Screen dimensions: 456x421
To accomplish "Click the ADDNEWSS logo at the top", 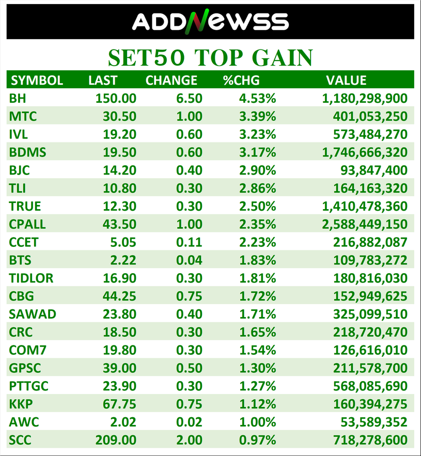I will pyautogui.click(x=210, y=21).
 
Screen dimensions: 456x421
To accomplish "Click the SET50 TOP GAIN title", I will pyautogui.click(x=210, y=57).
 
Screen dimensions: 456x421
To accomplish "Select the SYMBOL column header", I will pyautogui.click(x=37, y=81).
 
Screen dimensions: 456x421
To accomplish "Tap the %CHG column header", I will pyautogui.click(x=241, y=81).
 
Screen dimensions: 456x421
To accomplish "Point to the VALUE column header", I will pyautogui.click(x=346, y=81).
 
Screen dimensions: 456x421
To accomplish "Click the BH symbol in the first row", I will pyautogui.click(x=17, y=98).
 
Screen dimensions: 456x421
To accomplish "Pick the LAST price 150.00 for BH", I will pyautogui.click(x=116, y=98).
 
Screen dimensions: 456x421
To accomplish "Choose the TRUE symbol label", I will pyautogui.click(x=25, y=207).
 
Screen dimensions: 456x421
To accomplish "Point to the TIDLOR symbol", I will pyautogui.click(x=31, y=278).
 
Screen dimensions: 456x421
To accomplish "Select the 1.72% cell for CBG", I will pyautogui.click(x=257, y=296).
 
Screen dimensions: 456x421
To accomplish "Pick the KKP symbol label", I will pyautogui.click(x=20, y=404).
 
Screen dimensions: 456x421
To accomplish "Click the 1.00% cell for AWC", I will pyautogui.click(x=257, y=422).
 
